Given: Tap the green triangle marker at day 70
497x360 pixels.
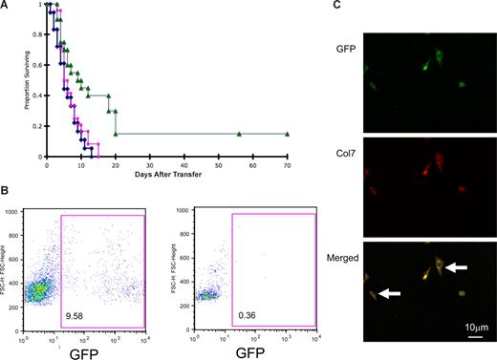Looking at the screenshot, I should [286, 134].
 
